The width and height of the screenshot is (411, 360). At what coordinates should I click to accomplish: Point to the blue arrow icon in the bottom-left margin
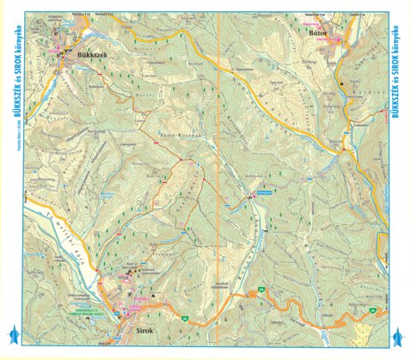click(11, 335)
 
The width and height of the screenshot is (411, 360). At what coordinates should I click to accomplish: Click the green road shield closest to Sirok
click(184, 319)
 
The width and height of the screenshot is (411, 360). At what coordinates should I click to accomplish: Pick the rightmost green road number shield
click(373, 308)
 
